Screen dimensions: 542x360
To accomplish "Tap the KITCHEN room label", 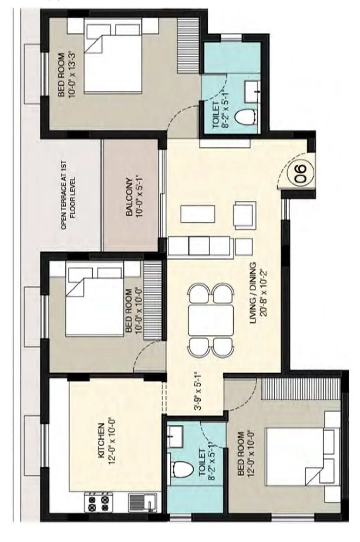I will point(100,441).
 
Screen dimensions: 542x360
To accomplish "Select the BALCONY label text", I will point(129,197).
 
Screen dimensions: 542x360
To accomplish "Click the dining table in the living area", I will point(211,320).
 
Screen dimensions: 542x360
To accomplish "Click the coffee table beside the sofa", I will point(198,213).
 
